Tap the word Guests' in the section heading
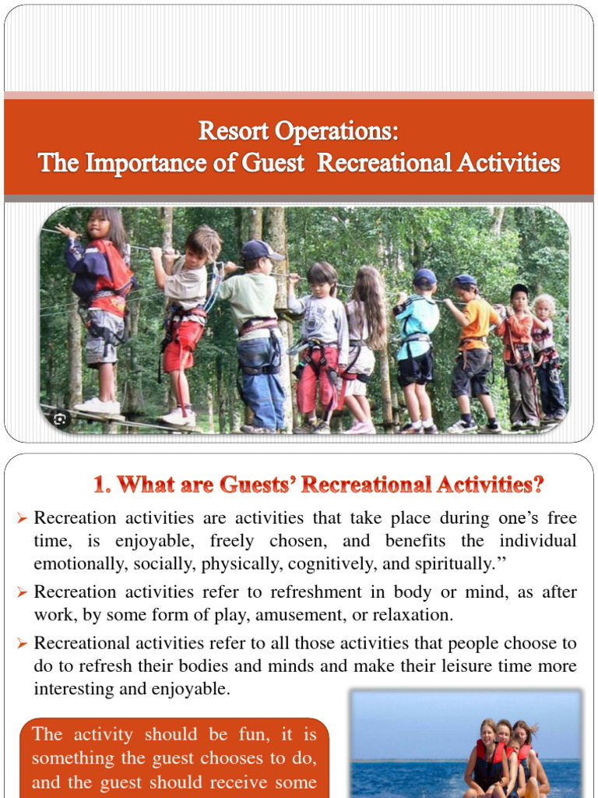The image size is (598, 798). [x=249, y=485]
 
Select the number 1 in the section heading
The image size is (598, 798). [x=99, y=485]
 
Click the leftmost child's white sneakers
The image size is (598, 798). [x=98, y=406]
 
